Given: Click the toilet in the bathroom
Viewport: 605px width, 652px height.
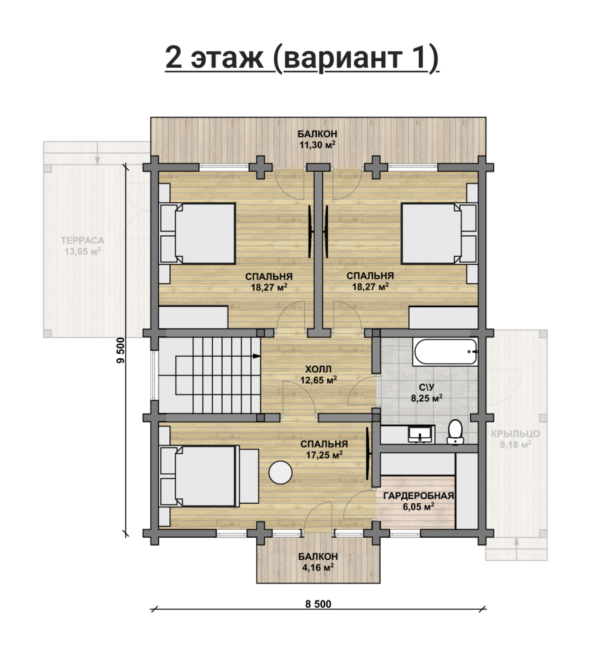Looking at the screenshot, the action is tap(455, 432).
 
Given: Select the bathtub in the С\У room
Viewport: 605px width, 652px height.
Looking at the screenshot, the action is tap(445, 352).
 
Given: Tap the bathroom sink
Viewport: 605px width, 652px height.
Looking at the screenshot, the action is tap(421, 434).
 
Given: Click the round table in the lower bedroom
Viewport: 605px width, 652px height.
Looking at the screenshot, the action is tap(280, 472).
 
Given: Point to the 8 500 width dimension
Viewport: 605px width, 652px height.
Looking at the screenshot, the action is tap(318, 604).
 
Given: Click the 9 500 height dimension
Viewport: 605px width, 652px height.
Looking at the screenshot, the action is tap(121, 350).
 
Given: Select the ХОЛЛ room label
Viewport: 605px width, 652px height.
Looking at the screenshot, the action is tap(318, 369).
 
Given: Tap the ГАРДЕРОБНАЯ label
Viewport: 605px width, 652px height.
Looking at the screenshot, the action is tap(419, 496).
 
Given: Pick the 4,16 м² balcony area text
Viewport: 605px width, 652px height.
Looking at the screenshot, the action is tap(318, 568).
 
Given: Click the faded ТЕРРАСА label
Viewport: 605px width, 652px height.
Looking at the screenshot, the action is tap(83, 240).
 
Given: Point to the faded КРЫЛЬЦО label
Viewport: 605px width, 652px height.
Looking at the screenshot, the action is tap(516, 434).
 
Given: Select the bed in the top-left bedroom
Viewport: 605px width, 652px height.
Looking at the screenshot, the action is tap(198, 233).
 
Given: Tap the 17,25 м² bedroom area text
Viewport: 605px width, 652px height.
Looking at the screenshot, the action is tap(324, 455).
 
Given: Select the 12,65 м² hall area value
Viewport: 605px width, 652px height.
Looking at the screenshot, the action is tap(318, 380).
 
